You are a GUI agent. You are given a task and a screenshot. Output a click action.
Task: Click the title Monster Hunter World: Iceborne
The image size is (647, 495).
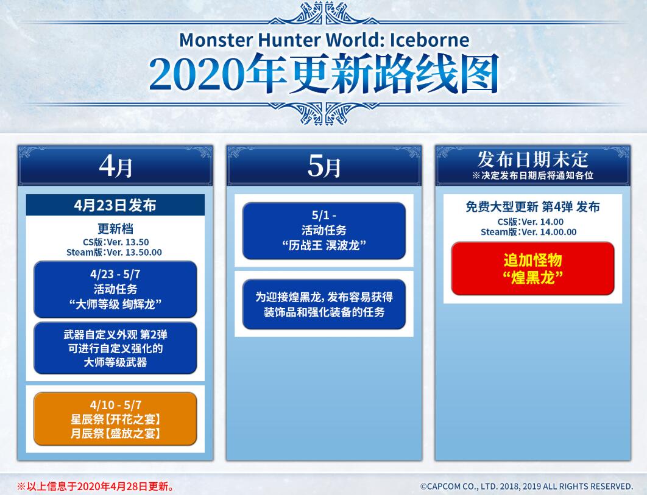point(324,40)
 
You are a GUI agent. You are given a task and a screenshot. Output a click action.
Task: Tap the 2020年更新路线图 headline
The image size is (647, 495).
point(324,74)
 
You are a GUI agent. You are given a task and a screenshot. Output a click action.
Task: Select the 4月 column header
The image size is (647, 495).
point(115,166)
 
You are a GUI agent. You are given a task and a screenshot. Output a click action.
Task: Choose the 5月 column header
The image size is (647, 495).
point(324,166)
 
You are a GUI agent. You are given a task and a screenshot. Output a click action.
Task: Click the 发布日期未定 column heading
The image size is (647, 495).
point(532,159)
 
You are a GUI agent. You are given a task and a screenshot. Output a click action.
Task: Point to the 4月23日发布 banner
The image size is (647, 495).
point(115,205)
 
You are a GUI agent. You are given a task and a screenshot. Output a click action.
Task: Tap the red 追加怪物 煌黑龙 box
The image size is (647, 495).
point(532,269)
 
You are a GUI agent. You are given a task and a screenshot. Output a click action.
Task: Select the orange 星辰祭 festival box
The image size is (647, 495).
point(115,419)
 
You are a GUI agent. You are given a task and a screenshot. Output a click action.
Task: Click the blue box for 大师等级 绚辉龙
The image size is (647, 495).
point(115,289)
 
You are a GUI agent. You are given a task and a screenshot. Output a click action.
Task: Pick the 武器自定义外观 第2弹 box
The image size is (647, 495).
point(115,348)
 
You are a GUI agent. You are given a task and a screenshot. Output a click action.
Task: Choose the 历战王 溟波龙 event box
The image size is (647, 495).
point(324,231)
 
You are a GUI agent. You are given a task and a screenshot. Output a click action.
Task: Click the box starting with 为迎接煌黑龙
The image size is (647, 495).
point(324,304)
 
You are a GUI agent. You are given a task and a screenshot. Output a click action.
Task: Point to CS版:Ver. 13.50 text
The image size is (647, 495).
point(116,242)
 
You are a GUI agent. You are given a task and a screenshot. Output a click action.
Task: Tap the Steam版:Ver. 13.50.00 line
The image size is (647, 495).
point(115,252)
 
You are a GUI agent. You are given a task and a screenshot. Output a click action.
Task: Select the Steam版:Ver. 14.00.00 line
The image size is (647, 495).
point(529,232)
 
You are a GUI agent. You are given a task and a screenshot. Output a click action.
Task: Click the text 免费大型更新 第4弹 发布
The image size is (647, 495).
point(532,206)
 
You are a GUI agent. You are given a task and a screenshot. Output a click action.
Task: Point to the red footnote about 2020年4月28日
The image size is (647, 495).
point(95,486)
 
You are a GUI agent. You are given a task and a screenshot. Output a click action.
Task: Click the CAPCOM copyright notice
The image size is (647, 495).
point(526,486)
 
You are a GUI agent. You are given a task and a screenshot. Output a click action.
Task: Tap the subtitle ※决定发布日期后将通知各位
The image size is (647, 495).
point(532,176)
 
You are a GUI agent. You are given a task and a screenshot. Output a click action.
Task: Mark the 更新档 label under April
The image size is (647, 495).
point(115,228)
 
